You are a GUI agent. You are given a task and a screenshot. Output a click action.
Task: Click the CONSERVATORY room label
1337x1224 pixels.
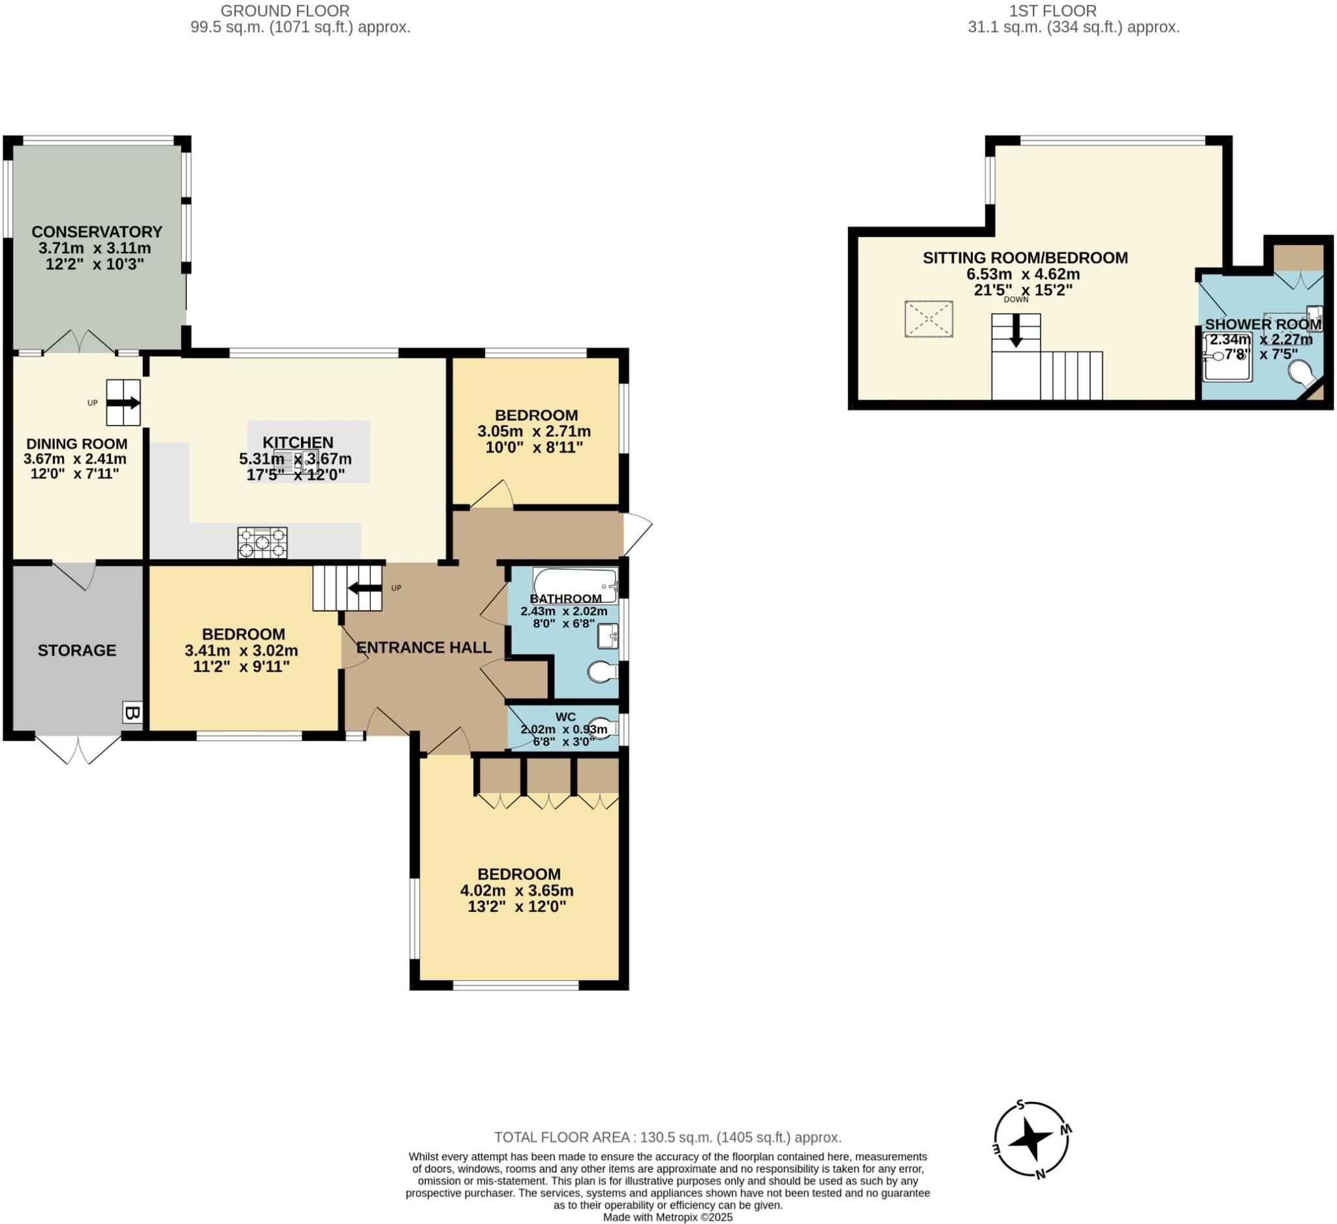(97, 231)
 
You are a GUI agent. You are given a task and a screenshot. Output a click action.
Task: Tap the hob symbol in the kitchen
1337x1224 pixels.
(262, 542)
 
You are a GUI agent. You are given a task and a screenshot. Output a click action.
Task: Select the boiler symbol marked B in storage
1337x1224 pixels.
(132, 714)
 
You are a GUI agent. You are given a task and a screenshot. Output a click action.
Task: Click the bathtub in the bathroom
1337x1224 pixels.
(575, 584)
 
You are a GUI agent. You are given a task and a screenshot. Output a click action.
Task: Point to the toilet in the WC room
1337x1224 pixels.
(602, 727)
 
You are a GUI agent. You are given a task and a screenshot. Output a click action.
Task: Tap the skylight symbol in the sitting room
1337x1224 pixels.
(929, 319)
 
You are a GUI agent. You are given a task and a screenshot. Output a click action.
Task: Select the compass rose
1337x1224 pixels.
(1032, 1140)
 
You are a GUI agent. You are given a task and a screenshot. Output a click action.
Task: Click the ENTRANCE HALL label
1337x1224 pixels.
(424, 647)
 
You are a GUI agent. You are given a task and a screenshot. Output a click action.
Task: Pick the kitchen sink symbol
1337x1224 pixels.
(291, 460)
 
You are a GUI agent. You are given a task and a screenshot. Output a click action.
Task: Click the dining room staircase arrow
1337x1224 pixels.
(124, 402)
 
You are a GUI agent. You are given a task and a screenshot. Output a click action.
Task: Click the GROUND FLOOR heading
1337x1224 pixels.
(285, 10)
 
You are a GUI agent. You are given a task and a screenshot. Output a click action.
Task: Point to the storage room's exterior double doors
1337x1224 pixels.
(78, 749)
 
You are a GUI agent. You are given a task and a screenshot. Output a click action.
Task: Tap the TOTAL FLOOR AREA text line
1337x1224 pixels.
(667, 1137)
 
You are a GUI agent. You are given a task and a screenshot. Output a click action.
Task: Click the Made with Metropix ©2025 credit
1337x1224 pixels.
(667, 1217)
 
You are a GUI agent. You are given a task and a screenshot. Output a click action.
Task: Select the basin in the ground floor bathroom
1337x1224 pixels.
(608, 636)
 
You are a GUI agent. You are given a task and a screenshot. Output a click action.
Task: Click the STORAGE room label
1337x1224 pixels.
(77, 650)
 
